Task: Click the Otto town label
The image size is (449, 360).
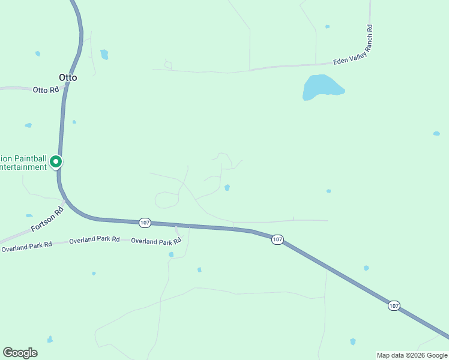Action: click(x=68, y=77)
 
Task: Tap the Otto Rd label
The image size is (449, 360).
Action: click(x=46, y=90)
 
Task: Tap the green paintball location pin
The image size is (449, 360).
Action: click(x=56, y=161)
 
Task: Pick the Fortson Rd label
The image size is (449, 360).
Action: click(x=47, y=220)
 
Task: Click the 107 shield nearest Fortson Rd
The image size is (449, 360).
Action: click(x=144, y=222)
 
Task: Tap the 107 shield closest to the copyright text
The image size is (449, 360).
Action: click(x=393, y=305)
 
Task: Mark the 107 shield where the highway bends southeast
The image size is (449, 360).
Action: click(x=277, y=239)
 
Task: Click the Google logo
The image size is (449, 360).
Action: click(x=20, y=353)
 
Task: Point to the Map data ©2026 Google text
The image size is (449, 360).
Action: click(x=412, y=355)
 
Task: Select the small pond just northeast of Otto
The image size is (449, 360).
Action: click(x=104, y=55)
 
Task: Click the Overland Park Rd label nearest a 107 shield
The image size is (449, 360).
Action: click(x=156, y=241)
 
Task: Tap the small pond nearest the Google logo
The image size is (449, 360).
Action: click(x=50, y=340)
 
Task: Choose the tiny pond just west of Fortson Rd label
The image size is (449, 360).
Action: click(x=29, y=215)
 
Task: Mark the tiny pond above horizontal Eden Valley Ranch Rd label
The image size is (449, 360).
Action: click(x=327, y=26)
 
